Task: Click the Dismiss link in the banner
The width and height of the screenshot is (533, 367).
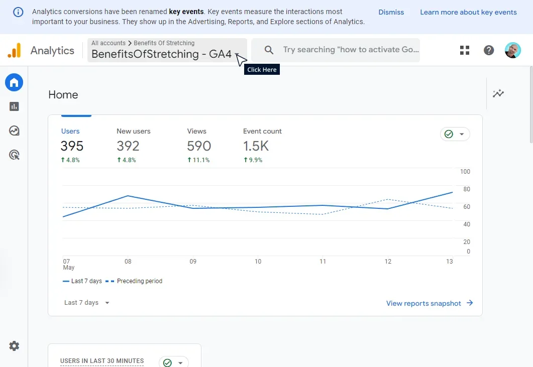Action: [391, 12]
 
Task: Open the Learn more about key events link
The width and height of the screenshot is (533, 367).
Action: [468, 12]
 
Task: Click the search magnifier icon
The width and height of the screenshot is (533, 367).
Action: [269, 50]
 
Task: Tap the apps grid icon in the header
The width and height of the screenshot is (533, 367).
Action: [465, 50]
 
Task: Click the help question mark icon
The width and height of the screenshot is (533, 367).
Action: [489, 50]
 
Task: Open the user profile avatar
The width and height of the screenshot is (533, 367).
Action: [513, 50]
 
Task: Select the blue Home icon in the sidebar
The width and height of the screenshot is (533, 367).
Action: [14, 82]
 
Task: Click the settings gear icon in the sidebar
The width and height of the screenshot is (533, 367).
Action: [14, 346]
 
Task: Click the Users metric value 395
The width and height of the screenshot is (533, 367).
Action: [72, 146]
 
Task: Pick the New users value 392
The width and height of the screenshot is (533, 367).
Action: [128, 146]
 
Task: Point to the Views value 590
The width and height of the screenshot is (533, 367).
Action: [199, 146]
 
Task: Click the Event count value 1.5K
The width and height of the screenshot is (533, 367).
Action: [256, 146]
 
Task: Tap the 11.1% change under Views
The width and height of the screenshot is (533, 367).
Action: [198, 160]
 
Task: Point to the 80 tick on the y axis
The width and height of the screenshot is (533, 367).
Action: [467, 189]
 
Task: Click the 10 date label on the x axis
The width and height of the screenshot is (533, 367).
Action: [258, 262]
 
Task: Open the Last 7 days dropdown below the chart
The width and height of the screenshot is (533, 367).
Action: [87, 303]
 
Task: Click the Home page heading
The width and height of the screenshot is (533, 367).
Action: [63, 95]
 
